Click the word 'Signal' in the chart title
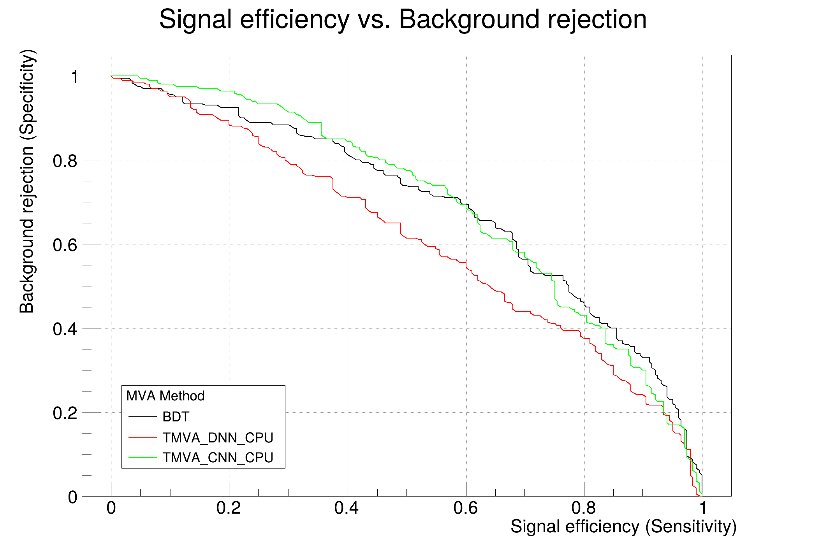click(x=195, y=19)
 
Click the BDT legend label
click(x=176, y=417)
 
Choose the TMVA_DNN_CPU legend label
click(x=218, y=438)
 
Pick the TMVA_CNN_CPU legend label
click(x=218, y=458)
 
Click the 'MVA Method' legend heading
click(x=165, y=396)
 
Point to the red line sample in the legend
click(x=143, y=438)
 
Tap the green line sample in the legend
click(x=143, y=458)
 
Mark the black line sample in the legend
click(x=143, y=417)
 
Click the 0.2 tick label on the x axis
click(x=229, y=508)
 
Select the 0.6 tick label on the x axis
click(x=465, y=508)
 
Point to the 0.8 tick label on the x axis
click(x=584, y=508)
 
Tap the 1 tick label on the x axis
click(x=702, y=508)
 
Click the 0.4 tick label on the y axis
click(x=65, y=329)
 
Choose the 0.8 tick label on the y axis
click(x=65, y=161)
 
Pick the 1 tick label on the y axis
click(x=74, y=77)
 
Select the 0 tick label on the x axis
click(x=111, y=508)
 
